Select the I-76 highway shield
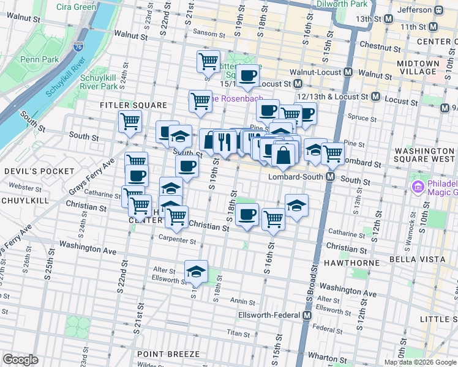point(78,46)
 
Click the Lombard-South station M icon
point(330,177)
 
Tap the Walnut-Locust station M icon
point(348,72)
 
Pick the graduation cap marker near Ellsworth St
point(196,272)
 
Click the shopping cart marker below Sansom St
point(208,62)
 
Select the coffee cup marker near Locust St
point(247,76)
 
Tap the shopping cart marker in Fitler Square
point(130,123)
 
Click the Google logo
point(21,360)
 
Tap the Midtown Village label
point(418,68)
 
